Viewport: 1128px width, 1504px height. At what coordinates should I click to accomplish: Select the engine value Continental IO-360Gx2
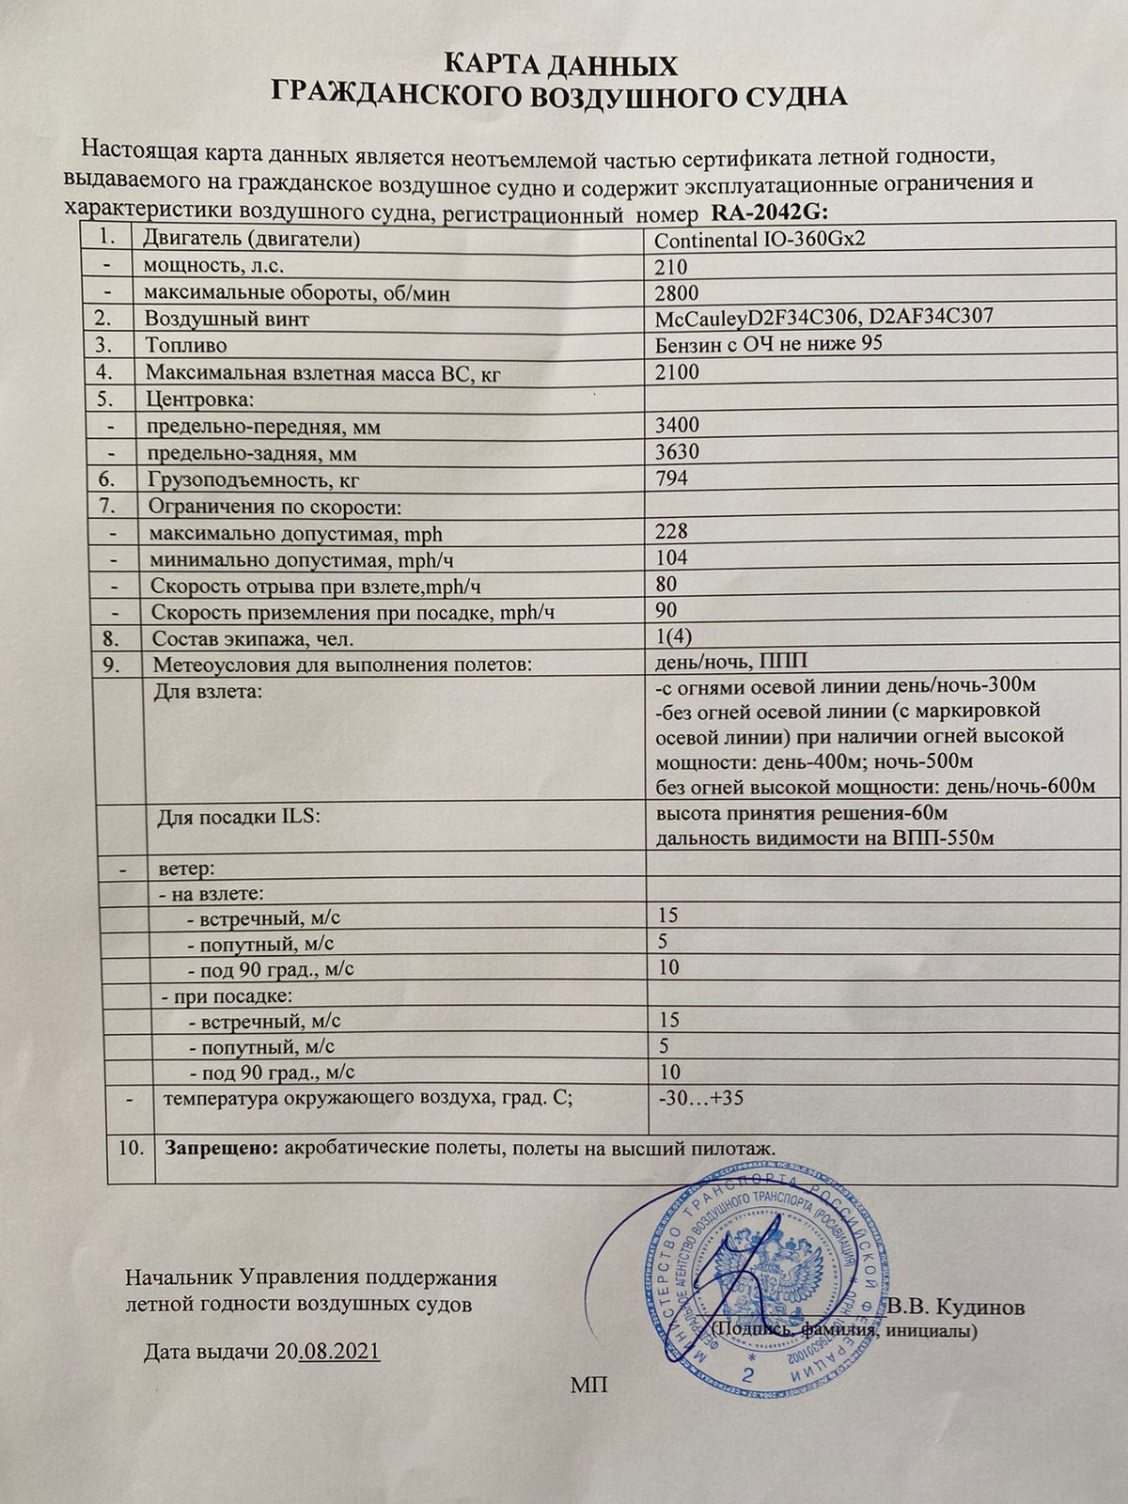(x=759, y=239)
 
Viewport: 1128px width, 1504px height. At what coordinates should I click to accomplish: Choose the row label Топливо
(x=186, y=346)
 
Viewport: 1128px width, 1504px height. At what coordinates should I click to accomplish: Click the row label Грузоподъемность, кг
(x=253, y=480)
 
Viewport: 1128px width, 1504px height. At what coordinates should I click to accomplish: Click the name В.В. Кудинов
(x=958, y=1308)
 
